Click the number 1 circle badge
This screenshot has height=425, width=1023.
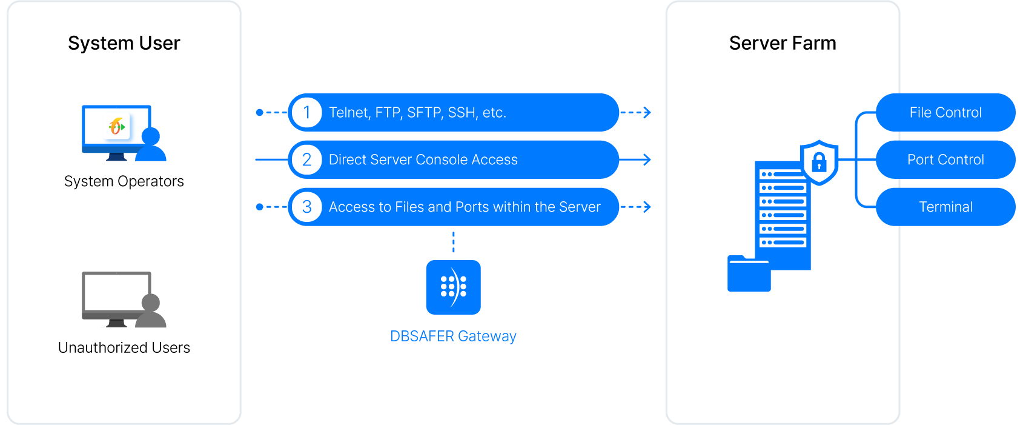tap(307, 113)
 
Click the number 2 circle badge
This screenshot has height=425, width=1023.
tap(307, 160)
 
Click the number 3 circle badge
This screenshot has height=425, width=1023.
tap(307, 207)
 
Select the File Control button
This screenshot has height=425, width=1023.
tap(945, 113)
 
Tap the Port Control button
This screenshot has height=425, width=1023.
tap(945, 160)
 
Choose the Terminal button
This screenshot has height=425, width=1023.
tap(945, 207)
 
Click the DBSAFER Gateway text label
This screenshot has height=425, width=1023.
tap(453, 336)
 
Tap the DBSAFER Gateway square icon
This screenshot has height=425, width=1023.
tap(453, 287)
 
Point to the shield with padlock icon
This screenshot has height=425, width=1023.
tap(819, 162)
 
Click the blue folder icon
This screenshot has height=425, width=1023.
tap(749, 275)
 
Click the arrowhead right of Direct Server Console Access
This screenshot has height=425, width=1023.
tap(647, 160)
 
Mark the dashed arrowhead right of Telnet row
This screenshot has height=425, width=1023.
tap(647, 113)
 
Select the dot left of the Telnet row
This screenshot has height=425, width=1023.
tap(259, 113)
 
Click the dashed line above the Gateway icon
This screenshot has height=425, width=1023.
tap(453, 242)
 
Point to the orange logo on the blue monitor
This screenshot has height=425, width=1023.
tap(116, 126)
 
